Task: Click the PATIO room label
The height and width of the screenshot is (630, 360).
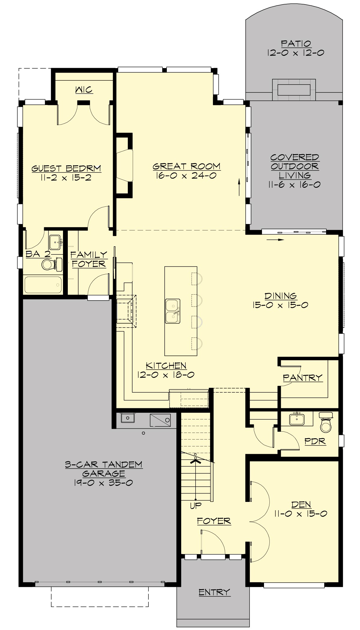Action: click(296, 44)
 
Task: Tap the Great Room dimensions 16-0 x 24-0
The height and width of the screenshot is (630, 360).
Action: click(186, 176)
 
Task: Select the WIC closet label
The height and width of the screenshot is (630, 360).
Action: click(84, 90)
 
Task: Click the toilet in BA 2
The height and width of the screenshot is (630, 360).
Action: click(48, 264)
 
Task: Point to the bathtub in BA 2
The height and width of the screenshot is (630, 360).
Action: click(43, 285)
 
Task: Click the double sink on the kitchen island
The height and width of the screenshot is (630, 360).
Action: click(172, 311)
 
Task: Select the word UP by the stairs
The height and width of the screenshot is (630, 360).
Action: click(196, 506)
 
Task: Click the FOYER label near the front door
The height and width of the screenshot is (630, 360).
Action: click(214, 521)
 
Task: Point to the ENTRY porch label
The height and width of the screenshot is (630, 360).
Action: click(214, 592)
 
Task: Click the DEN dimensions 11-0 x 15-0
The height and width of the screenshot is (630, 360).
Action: click(301, 514)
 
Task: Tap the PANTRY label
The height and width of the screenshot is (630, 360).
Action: click(302, 377)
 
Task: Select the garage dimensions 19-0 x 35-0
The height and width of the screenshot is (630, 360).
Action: click(103, 483)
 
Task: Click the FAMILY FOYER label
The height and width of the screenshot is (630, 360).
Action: click(89, 259)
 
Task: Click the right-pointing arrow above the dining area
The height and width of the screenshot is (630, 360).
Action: click(275, 240)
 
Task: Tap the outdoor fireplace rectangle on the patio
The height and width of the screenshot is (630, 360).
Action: click(294, 90)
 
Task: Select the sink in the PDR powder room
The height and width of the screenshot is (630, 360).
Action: click(297, 419)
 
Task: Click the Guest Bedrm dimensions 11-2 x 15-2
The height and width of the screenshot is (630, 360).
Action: click(66, 178)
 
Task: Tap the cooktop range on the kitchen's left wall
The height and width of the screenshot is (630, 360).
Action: click(126, 311)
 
